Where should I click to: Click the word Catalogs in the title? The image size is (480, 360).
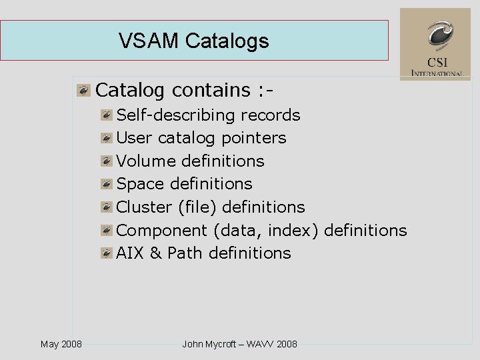coord(227,41)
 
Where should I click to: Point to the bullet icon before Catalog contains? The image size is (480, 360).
coord(83,89)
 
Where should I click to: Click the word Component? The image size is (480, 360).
coord(162,231)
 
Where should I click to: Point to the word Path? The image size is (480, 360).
coord(185,253)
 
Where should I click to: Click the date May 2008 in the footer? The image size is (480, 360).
coord(61,344)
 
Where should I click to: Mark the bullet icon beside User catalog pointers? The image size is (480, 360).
coord(107,138)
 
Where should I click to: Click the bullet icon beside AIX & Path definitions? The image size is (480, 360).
coord(107,253)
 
